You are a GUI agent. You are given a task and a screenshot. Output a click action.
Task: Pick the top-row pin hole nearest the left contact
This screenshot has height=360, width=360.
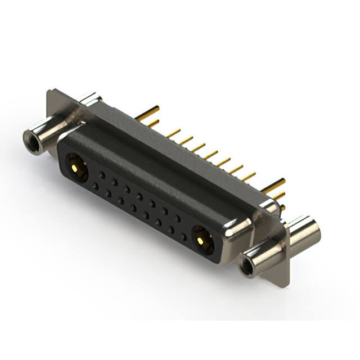coord(101,175)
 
